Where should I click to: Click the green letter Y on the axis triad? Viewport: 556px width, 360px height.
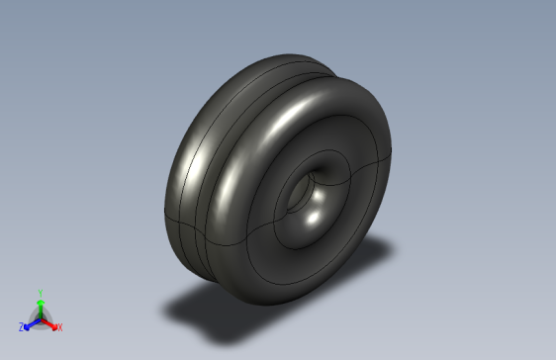[x=40, y=292]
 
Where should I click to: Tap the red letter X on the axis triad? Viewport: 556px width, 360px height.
[x=59, y=326]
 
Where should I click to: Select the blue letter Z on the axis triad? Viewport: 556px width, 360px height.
[x=21, y=326]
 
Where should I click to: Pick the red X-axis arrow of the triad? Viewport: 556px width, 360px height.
[x=50, y=322]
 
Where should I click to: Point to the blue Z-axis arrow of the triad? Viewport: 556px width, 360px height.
[x=30, y=322]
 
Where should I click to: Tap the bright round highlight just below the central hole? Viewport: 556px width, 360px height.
[x=315, y=211]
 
